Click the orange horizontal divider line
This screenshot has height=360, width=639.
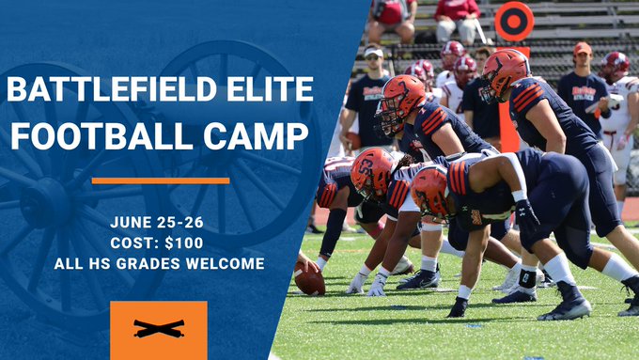[160, 180]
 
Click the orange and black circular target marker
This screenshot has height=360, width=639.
[513, 22]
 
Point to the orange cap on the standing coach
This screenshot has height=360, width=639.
[583, 48]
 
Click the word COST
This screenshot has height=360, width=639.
[145, 243]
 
